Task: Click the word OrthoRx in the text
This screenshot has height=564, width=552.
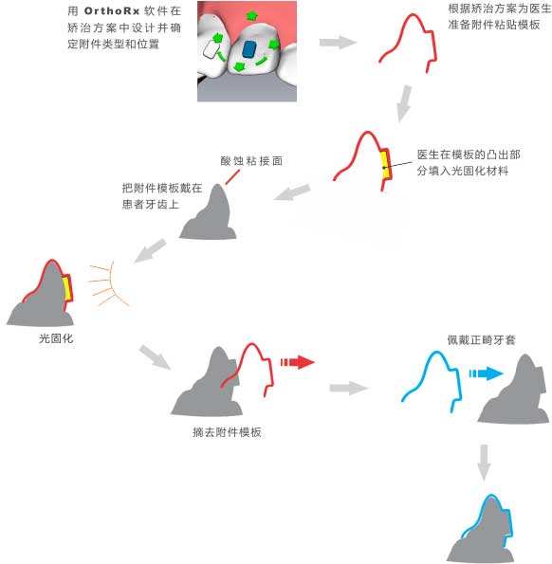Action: pos(112,11)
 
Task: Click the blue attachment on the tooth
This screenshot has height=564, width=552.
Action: pos(248,49)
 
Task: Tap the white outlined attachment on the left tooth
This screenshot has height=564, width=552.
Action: pos(211,49)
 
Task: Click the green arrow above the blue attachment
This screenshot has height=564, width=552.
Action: pos(251,15)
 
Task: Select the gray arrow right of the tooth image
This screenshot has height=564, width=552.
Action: pos(338,42)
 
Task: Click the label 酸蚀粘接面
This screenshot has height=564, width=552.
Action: pos(251,161)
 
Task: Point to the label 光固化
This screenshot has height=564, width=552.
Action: pos(56,338)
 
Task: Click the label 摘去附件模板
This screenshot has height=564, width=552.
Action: pos(227,432)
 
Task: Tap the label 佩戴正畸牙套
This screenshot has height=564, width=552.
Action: pos(481,340)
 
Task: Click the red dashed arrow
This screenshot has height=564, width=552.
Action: pos(298,362)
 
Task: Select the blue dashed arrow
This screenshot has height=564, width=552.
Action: pos(486,373)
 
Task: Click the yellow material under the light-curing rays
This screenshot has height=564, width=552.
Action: pos(67,288)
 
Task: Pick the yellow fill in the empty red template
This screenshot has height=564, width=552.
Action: pos(385,165)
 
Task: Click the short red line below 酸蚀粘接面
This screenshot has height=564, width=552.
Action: pos(232,177)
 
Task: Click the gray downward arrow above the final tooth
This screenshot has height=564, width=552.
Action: pos(484,463)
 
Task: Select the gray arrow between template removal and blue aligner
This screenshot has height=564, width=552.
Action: pos(348,388)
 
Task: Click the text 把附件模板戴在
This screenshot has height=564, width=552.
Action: pos(162,188)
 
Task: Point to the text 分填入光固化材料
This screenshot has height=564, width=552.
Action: pos(463,171)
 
